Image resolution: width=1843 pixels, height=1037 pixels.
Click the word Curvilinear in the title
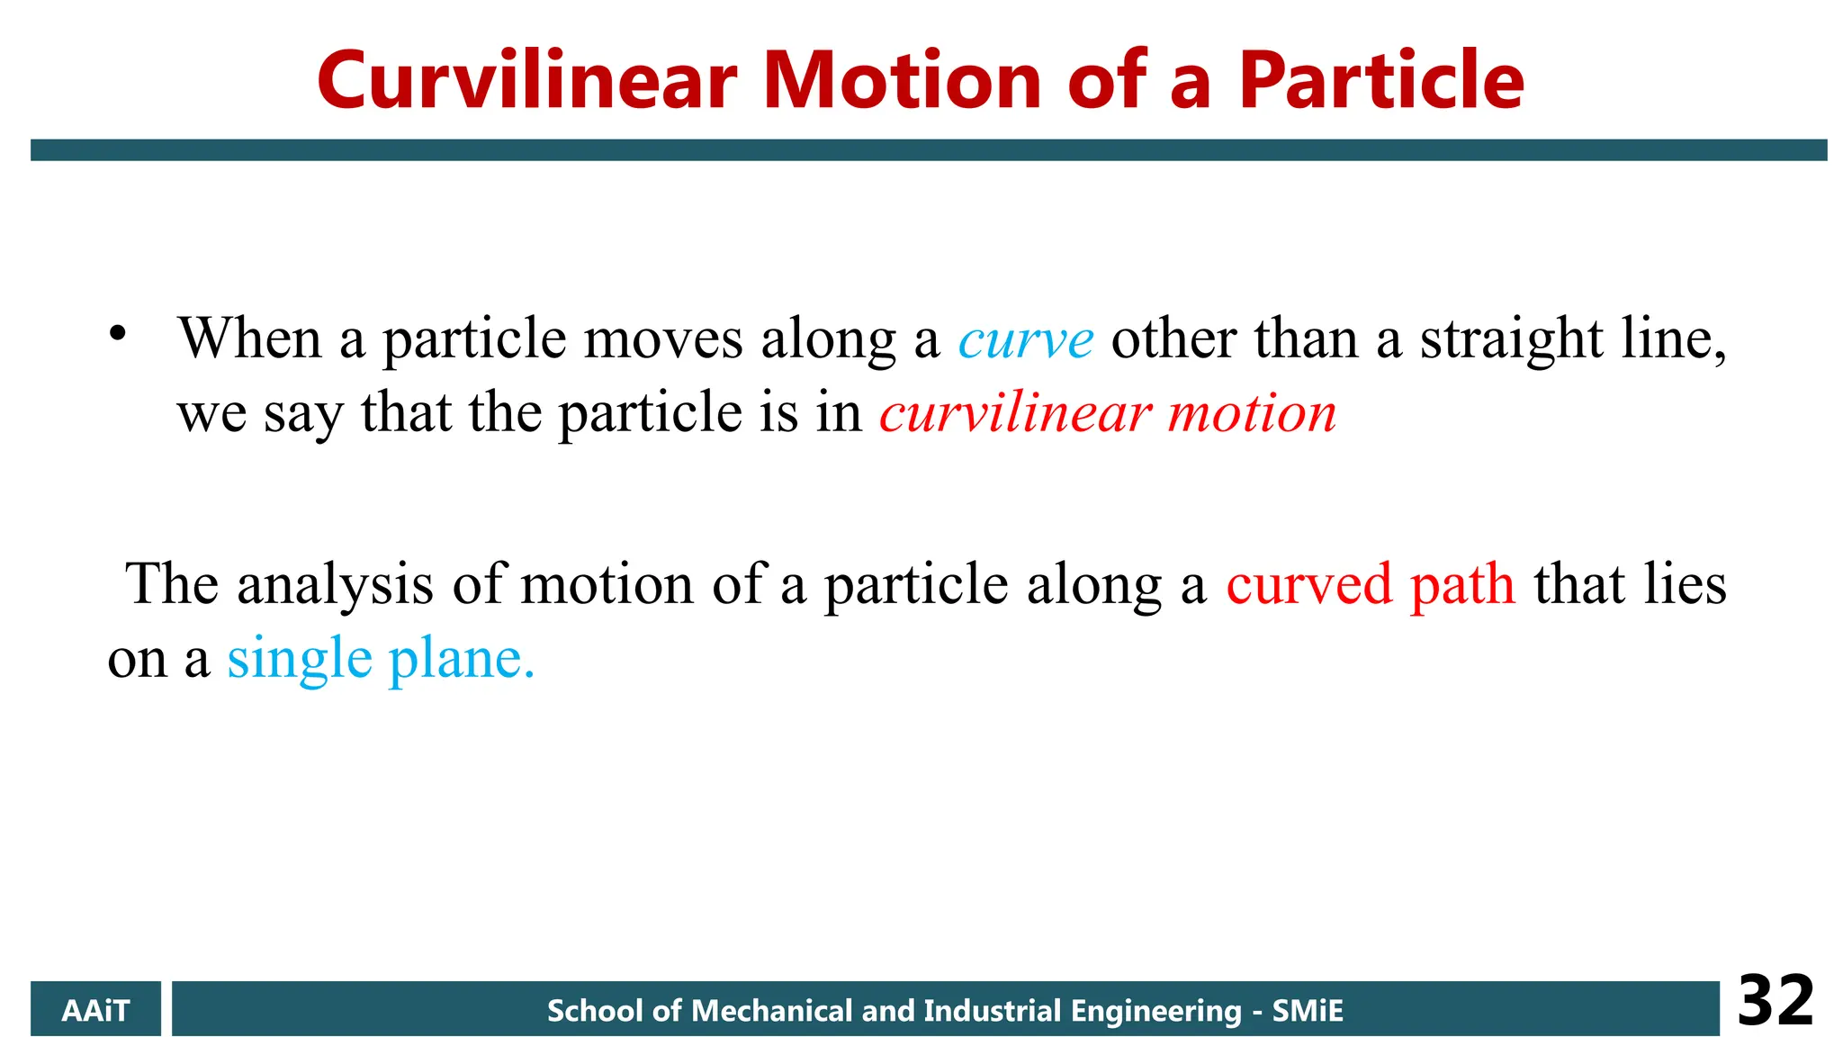[x=526, y=81]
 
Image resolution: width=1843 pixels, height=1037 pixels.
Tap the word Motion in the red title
[x=903, y=81]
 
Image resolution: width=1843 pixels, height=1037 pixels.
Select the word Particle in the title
[x=1380, y=81]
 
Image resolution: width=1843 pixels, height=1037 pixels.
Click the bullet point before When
[x=117, y=334]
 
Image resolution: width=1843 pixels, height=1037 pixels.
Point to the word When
[x=250, y=339]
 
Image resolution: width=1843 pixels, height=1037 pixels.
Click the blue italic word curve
[x=1026, y=341]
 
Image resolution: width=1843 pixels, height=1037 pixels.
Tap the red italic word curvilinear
[x=1015, y=414]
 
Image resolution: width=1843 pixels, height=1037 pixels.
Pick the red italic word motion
[x=1252, y=414]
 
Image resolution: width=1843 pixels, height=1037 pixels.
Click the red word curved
[x=1309, y=585]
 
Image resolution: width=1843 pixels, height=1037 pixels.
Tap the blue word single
[x=299, y=660]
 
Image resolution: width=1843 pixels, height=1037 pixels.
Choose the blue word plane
[x=461, y=660]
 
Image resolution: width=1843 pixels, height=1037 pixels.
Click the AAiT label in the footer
[x=95, y=1010]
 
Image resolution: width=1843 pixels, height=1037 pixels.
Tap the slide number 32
[x=1775, y=1001]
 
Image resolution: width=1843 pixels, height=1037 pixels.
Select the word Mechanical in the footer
[x=771, y=1011]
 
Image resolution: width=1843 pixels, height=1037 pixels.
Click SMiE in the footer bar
[x=1307, y=1011]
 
